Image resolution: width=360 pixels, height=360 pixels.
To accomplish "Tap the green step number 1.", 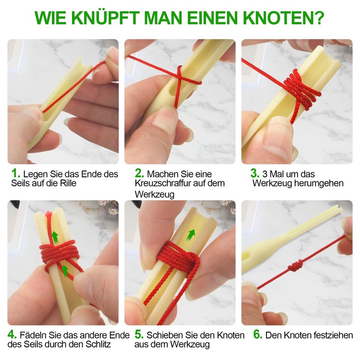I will click(16, 173).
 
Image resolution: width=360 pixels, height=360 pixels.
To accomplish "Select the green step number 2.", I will click(139, 173).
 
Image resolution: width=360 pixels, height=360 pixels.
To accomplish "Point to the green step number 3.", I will click(255, 173).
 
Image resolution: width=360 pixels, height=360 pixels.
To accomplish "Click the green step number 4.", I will click(13, 335).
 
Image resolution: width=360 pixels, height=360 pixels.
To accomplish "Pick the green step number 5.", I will click(139, 335).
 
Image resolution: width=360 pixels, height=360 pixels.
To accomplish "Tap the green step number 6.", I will click(257, 335).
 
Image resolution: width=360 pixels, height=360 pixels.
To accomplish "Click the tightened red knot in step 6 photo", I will click(296, 267).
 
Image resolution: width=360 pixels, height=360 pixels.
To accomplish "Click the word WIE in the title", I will click(51, 18).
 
